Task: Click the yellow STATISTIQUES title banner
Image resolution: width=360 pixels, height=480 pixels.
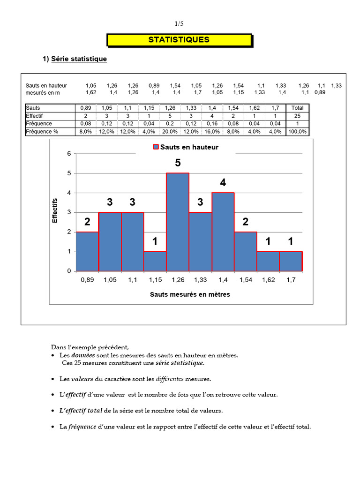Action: point(179,40)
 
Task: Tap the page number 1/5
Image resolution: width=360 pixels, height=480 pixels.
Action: point(180,24)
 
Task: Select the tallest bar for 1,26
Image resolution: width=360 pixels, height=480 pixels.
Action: point(178,222)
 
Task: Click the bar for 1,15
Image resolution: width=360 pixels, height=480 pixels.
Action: point(155,261)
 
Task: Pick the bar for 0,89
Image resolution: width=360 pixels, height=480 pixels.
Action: point(87,251)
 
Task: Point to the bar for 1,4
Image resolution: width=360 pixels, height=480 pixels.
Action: point(223,232)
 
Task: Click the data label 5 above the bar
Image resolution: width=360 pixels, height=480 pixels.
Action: point(178,163)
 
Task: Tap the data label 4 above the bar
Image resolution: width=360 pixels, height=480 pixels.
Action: point(223,183)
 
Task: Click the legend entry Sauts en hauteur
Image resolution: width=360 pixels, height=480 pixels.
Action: point(186,147)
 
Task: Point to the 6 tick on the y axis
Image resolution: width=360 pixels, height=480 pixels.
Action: point(69,154)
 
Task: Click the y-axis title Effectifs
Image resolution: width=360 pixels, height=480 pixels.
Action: point(55,210)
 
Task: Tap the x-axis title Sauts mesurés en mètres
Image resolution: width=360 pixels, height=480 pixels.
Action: point(190,295)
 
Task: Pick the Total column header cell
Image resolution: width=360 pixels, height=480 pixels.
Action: point(297,108)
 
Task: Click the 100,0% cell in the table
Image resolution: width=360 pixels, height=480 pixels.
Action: point(297,132)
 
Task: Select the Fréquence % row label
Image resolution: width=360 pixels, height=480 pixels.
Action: point(42,132)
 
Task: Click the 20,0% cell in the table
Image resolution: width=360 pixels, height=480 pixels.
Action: point(170,132)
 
